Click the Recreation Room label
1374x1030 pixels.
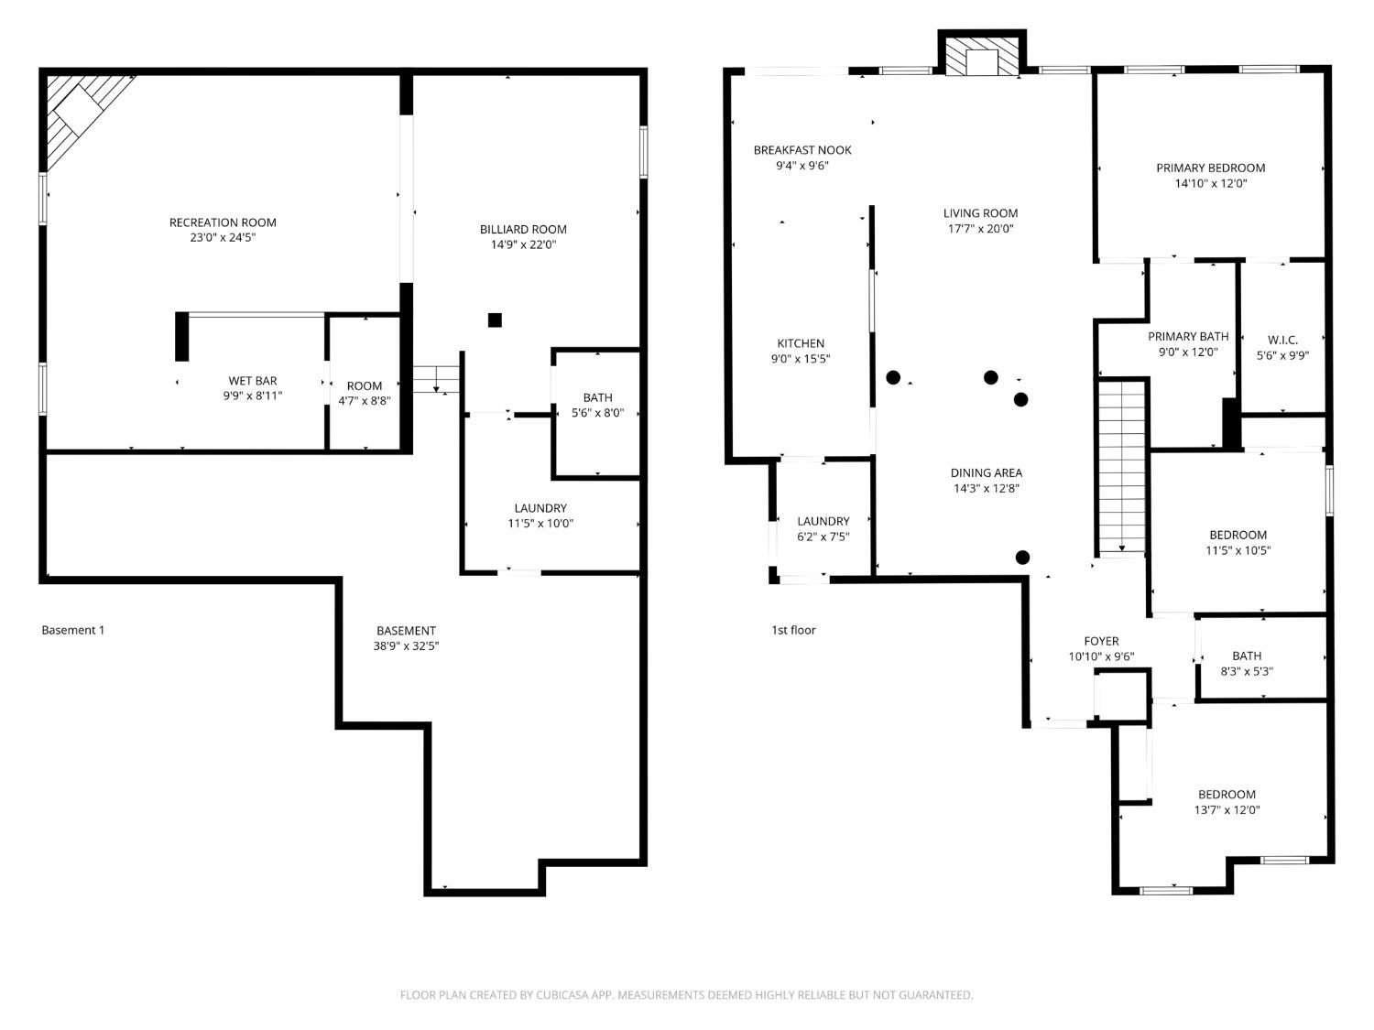coord(223,222)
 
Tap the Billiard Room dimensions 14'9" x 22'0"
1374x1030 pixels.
coord(523,245)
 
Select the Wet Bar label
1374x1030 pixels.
coord(253,381)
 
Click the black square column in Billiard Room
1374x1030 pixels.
coord(495,320)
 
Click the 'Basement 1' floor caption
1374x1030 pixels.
coord(73,630)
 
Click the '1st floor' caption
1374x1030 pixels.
coord(793,630)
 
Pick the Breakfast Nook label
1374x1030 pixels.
coord(802,150)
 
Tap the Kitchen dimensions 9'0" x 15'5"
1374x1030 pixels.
coord(801,360)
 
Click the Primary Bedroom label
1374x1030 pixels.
coord(1210,168)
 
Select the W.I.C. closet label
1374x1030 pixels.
coord(1282,340)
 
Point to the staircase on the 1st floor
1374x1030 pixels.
coord(1122,467)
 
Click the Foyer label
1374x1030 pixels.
coord(1101,641)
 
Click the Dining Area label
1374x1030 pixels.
coord(986,472)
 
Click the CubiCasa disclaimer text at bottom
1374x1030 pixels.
coord(686,995)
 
